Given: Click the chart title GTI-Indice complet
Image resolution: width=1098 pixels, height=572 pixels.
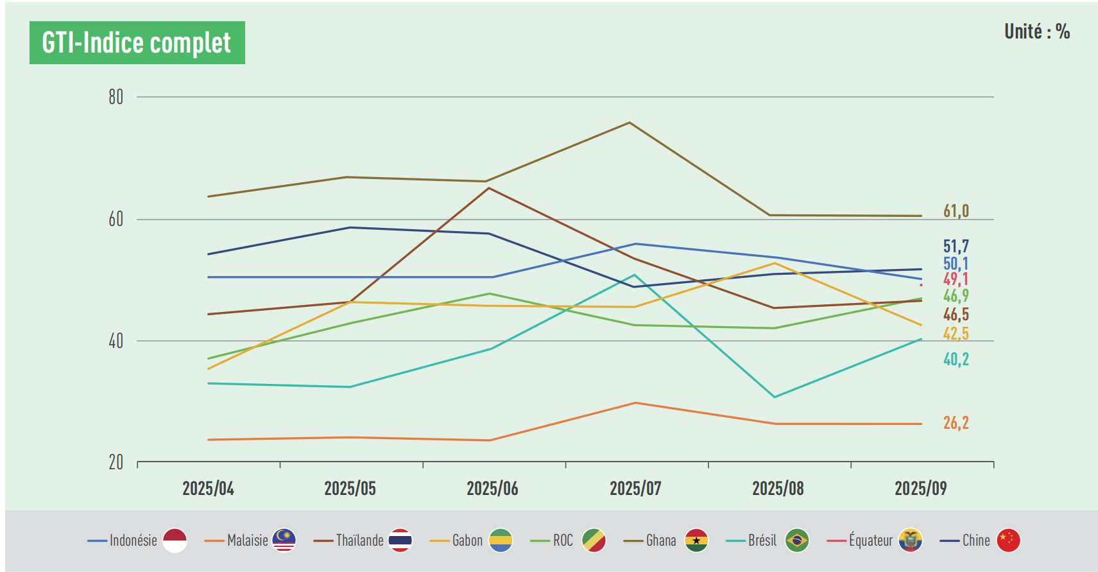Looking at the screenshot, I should click(x=137, y=43).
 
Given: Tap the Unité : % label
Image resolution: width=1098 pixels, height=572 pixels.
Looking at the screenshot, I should click(x=1036, y=31).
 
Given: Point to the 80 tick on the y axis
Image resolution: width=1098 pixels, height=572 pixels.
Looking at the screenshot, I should click(x=116, y=97).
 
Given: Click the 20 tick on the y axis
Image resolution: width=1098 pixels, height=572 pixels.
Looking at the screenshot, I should click(x=116, y=462).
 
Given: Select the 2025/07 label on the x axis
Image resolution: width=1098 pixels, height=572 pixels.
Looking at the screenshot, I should click(x=635, y=489).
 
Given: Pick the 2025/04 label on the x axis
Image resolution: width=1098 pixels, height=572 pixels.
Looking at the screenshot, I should click(x=208, y=489).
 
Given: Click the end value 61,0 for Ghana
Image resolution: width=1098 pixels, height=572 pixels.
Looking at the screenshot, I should click(x=956, y=211).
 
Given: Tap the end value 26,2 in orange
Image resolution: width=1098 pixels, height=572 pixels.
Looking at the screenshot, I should click(x=956, y=423).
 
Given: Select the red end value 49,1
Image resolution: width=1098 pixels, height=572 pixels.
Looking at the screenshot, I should click(x=956, y=279).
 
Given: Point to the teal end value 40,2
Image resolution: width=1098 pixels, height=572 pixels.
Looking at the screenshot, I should click(x=956, y=360).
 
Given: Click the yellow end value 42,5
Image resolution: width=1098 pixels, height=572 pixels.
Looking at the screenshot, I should click(x=956, y=334).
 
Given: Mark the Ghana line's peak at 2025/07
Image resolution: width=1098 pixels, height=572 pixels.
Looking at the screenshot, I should click(x=630, y=123).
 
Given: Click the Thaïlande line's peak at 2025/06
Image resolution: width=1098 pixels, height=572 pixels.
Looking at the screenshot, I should click(x=489, y=188).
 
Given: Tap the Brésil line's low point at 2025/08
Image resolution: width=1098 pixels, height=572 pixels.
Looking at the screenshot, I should click(x=775, y=397).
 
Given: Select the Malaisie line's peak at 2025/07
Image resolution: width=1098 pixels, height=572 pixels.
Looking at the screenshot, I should click(x=635, y=403).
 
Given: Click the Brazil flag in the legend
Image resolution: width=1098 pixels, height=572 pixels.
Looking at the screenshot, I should click(x=797, y=541).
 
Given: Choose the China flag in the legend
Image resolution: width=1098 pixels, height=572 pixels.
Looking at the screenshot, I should click(x=1008, y=541).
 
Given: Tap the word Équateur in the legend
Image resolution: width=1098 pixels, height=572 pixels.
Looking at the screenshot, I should click(x=870, y=541).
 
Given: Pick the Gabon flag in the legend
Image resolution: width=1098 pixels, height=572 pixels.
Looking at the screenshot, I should click(x=501, y=541).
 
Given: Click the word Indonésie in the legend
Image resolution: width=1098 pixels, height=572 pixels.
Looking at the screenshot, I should click(x=133, y=541).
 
